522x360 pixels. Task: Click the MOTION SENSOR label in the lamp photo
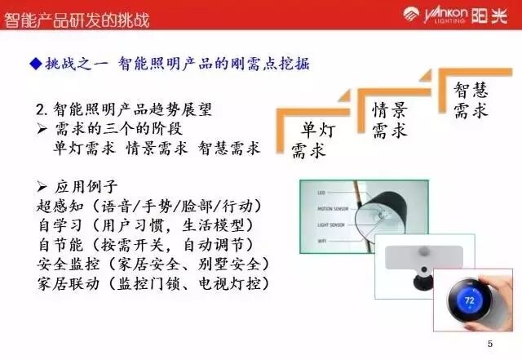tap(334, 209)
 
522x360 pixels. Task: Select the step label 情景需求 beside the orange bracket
tap(389, 119)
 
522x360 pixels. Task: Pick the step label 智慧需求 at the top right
tap(470, 99)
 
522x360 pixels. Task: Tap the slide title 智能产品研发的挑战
tap(77, 16)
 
